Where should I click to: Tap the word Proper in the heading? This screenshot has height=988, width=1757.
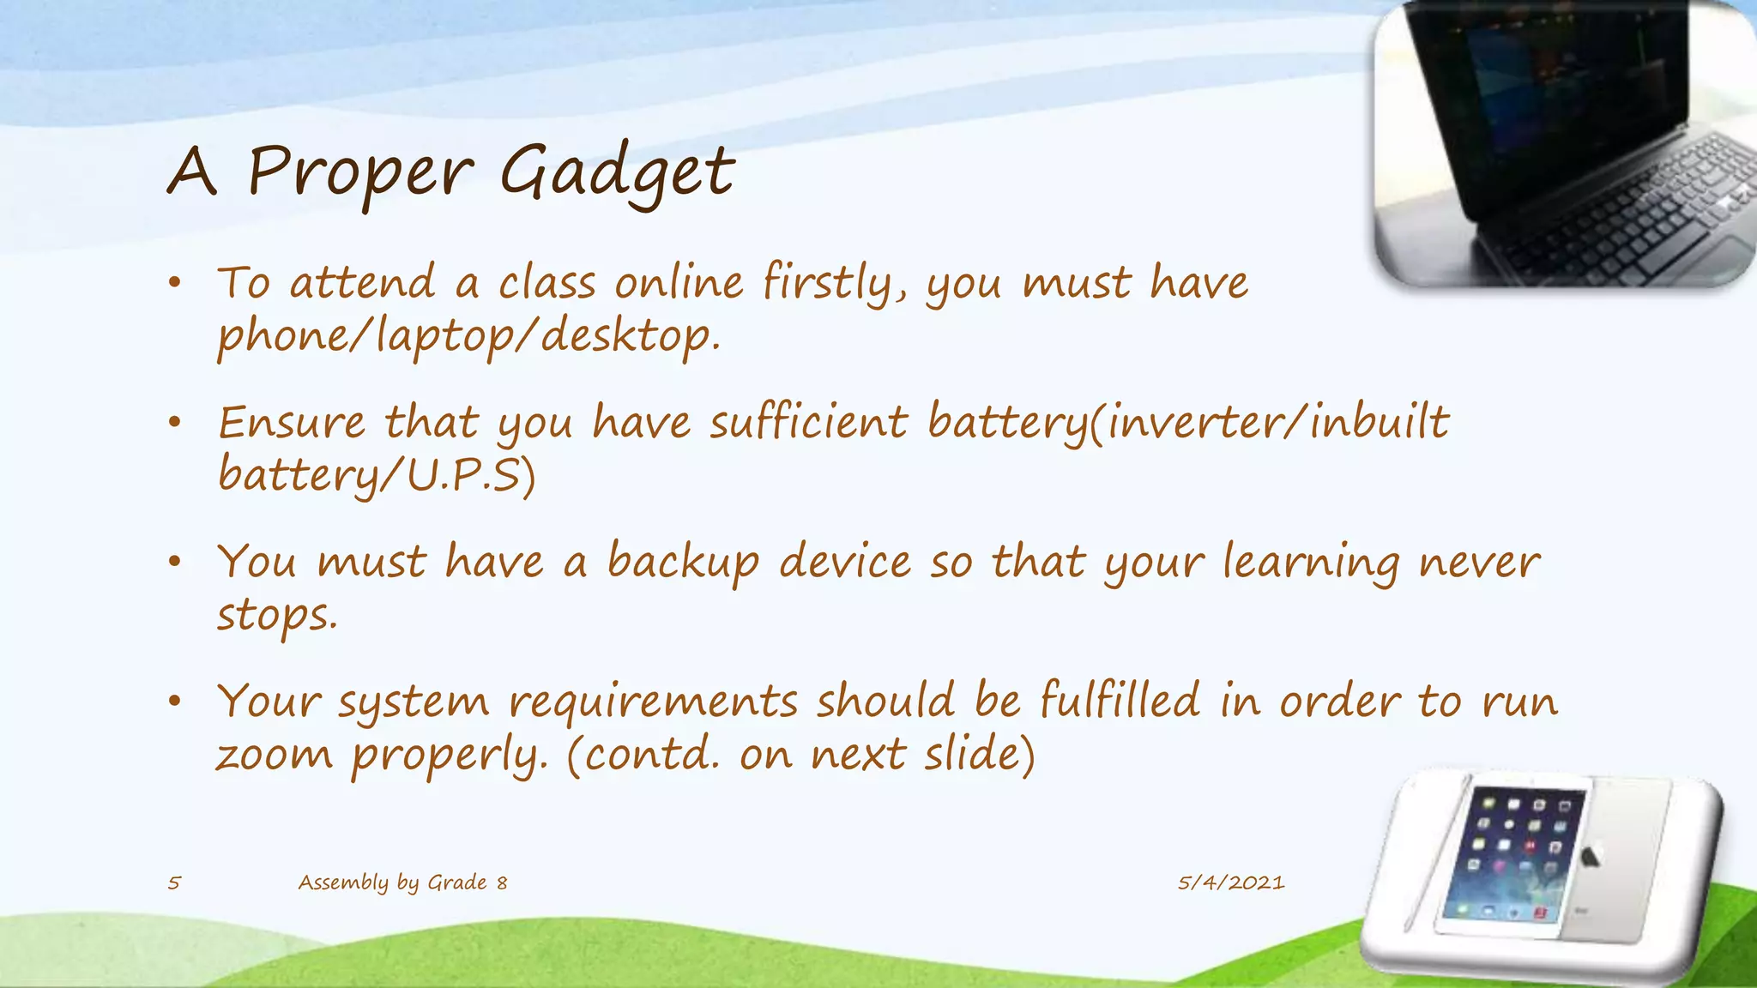coord(359,172)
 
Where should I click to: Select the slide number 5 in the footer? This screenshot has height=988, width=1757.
coord(174,883)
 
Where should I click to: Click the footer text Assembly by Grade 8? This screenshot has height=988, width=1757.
coord(402,883)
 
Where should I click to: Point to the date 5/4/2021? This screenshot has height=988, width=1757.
coord(1230,883)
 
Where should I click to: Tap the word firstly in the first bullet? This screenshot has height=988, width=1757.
coord(834,283)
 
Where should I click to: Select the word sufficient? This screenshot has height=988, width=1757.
coord(807,423)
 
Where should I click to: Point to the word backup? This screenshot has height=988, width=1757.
coord(683,563)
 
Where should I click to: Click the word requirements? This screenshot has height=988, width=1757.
coord(652,702)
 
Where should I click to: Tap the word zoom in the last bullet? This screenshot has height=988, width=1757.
coord(274,755)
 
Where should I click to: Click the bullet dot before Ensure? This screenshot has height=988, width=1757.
coord(175,422)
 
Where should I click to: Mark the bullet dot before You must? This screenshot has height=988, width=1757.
coord(175,562)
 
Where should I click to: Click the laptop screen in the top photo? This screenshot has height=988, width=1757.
coord(1544,94)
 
